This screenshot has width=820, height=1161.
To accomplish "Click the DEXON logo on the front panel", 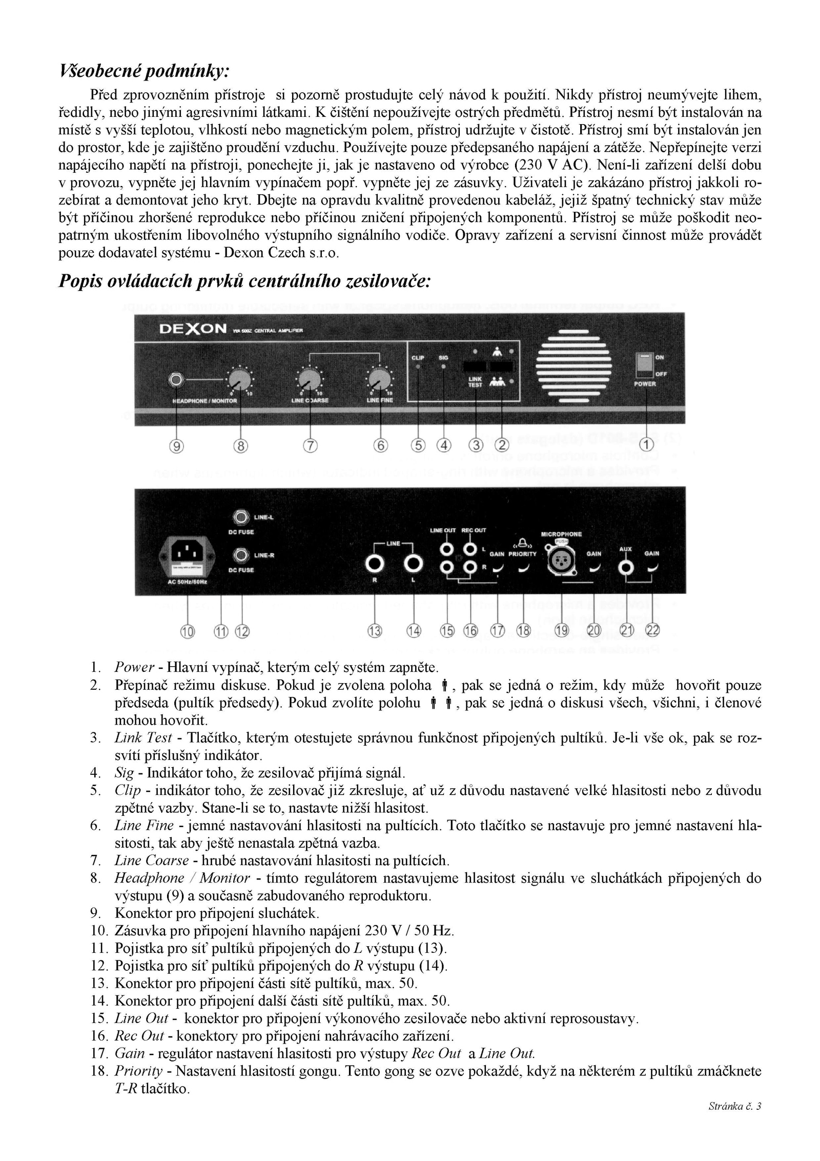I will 193,329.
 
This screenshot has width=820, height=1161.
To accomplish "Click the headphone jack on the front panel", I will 176,380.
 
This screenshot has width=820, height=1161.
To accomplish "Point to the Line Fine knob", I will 380,380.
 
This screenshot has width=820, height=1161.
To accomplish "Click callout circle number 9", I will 176,446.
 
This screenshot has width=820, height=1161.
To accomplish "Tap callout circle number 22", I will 652,630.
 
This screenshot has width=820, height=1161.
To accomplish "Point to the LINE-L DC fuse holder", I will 240,517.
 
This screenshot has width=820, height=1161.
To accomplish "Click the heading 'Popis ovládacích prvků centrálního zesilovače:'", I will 245,282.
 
